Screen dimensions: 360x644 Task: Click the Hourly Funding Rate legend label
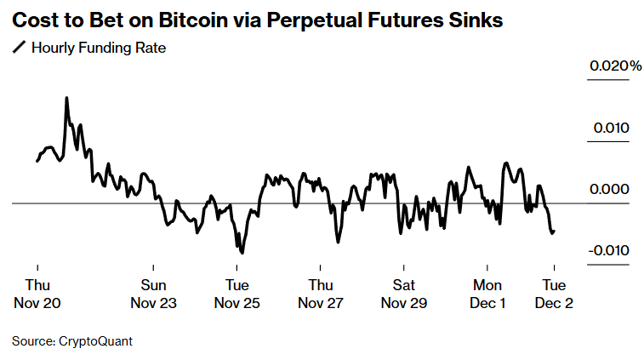98,48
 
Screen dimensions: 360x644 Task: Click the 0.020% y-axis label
614,66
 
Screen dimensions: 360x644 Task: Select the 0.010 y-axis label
610,128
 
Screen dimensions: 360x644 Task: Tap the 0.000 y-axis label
610,189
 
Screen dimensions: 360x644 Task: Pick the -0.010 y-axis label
607,250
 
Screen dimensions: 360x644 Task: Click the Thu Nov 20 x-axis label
37,293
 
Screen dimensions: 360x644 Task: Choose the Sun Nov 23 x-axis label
153,293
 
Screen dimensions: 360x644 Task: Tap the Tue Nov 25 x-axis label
237,293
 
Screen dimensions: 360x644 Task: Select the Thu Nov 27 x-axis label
321,293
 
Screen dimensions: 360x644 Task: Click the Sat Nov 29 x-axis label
404,293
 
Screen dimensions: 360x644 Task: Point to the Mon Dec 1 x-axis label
487,293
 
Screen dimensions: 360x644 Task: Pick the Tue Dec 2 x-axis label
554,293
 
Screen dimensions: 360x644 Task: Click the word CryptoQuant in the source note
95,341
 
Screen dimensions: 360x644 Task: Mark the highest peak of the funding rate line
66,98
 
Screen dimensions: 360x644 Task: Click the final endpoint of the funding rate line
555,231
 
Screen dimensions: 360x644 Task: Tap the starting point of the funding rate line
37,160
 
